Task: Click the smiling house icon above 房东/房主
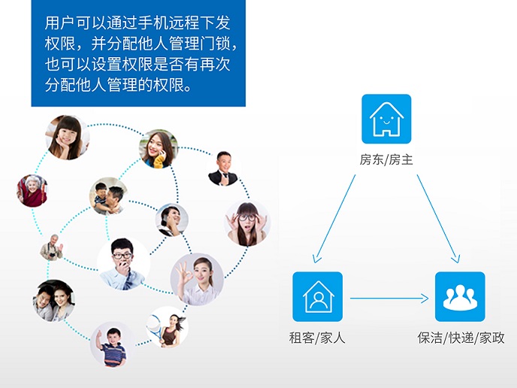[386, 119]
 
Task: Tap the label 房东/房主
[386, 159]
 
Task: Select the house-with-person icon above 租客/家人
[318, 296]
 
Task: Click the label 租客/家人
[317, 338]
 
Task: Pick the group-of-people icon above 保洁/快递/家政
[460, 296]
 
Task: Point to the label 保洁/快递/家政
[461, 338]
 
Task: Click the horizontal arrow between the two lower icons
[389, 299]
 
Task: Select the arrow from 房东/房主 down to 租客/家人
[334, 219]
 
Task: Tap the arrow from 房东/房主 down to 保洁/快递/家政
[438, 219]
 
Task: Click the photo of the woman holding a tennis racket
[167, 327]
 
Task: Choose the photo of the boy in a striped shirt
[113, 345]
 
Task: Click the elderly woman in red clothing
[32, 191]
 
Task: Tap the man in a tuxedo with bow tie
[223, 168]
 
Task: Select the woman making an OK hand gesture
[197, 279]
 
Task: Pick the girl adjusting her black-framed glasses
[247, 223]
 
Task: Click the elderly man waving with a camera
[52, 247]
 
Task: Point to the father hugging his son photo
[108, 196]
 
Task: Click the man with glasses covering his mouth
[124, 264]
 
